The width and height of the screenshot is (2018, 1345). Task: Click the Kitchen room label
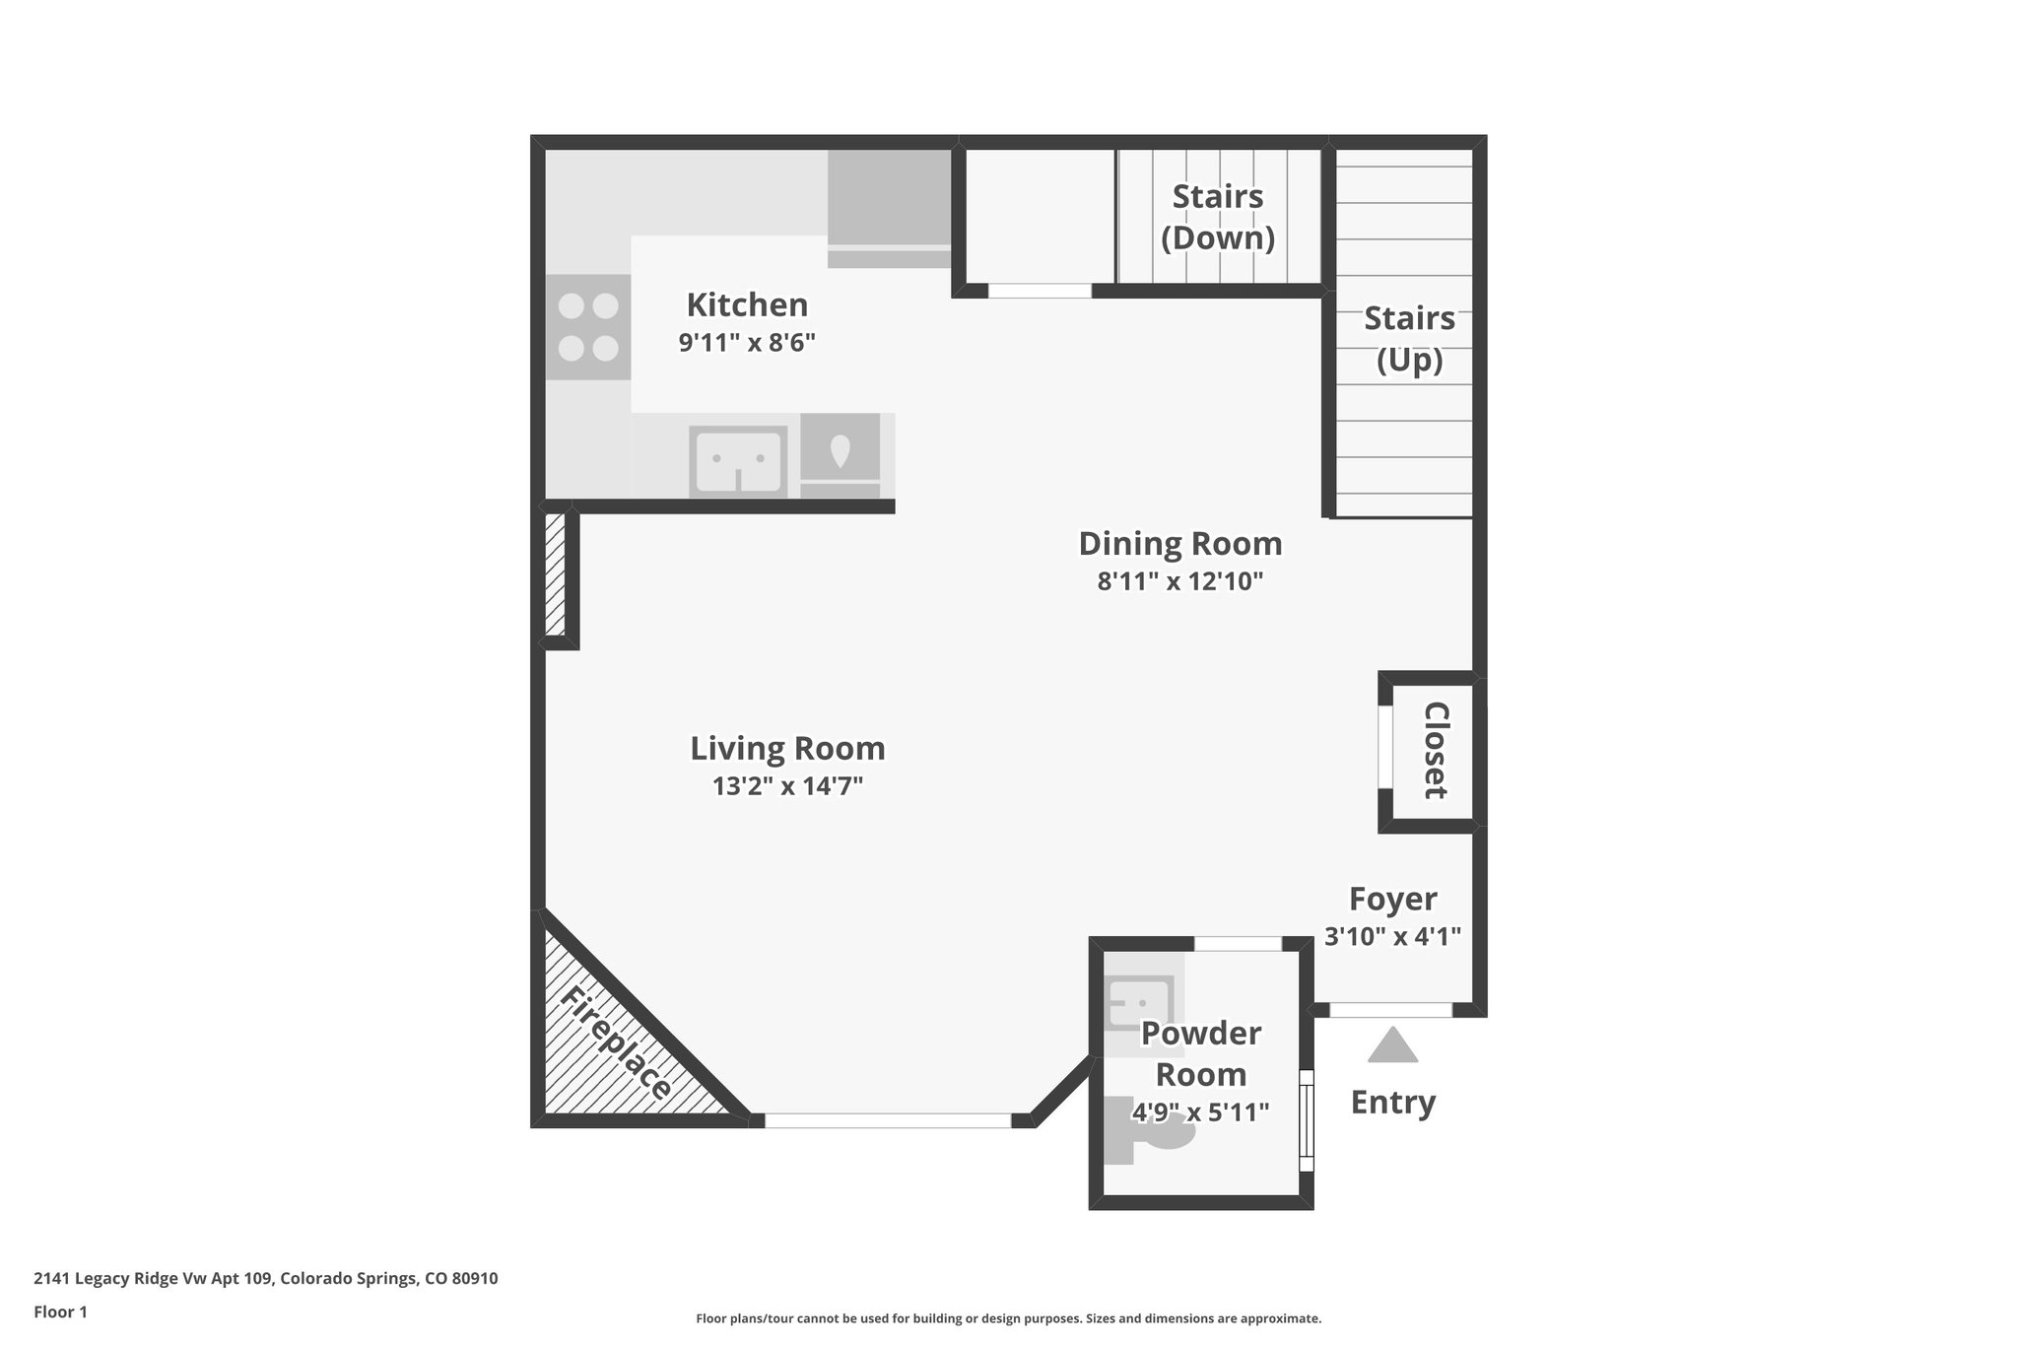click(746, 304)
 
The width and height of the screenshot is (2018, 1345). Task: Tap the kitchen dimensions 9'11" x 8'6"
click(746, 343)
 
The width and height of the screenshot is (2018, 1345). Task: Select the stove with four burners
click(588, 327)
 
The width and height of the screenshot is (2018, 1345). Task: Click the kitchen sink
click(738, 461)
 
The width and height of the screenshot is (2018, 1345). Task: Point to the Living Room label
click(787, 748)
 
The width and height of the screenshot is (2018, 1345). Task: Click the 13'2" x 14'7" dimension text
click(787, 786)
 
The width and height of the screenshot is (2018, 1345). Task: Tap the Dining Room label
click(1179, 543)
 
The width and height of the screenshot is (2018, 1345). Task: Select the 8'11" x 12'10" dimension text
click(1179, 581)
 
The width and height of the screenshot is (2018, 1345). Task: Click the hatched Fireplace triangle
click(611, 1054)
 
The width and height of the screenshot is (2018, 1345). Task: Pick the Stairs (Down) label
click(1217, 217)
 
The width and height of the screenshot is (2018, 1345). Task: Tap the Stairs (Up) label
click(1408, 339)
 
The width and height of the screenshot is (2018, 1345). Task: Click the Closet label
click(1435, 750)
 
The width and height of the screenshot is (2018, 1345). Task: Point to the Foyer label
click(1392, 899)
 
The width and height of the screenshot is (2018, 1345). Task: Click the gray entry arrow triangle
click(1392, 1047)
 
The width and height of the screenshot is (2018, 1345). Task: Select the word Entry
click(1392, 1102)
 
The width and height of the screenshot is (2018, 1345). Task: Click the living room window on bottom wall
click(887, 1120)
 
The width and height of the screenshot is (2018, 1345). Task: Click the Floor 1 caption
click(60, 1311)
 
